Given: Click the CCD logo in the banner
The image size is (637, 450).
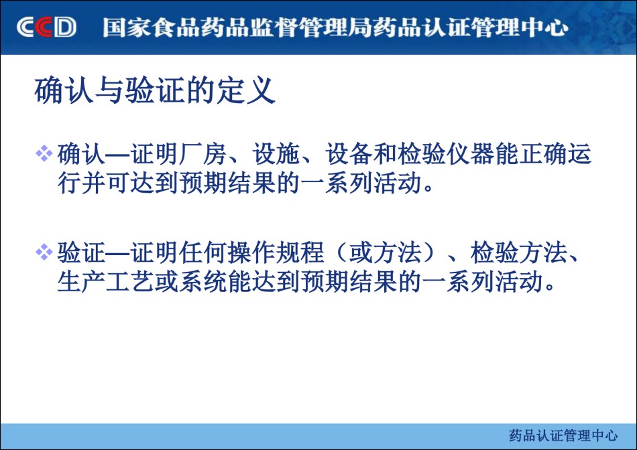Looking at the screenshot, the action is tap(46, 27).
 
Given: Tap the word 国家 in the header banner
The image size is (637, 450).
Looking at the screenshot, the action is tap(126, 27).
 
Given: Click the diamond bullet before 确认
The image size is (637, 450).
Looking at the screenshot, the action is tap(44, 154).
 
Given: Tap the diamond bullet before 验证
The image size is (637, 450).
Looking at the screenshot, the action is tap(44, 252).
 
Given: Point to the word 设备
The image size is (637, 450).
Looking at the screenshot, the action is tap(349, 154).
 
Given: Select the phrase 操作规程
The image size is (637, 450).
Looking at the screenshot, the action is tap(276, 252).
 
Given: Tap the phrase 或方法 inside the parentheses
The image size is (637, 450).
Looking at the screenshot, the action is tap(386, 252).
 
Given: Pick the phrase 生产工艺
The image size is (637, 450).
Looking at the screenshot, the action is tap(105, 282).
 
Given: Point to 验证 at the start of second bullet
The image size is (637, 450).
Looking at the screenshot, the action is tap(81, 252).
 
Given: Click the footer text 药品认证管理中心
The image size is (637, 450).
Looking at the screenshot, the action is tap(563, 435).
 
